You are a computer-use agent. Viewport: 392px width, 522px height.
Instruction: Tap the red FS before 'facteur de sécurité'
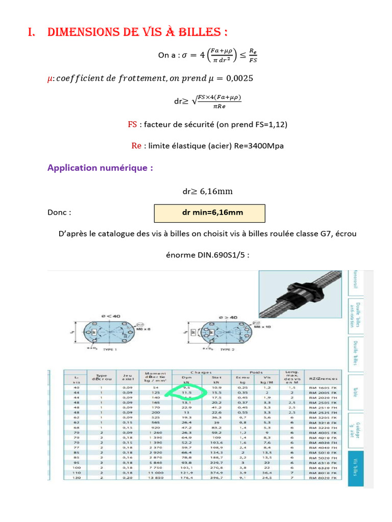[132, 124]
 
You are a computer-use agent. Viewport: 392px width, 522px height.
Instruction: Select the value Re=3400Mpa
[259, 146]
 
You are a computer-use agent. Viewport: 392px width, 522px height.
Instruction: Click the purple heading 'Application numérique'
[100, 168]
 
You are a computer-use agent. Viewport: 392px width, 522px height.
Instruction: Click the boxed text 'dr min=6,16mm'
[209, 213]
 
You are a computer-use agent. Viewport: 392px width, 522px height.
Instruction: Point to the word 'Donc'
[59, 213]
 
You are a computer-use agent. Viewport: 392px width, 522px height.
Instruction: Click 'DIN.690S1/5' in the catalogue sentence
[223, 255]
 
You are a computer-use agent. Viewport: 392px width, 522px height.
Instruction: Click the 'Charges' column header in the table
[201, 372]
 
